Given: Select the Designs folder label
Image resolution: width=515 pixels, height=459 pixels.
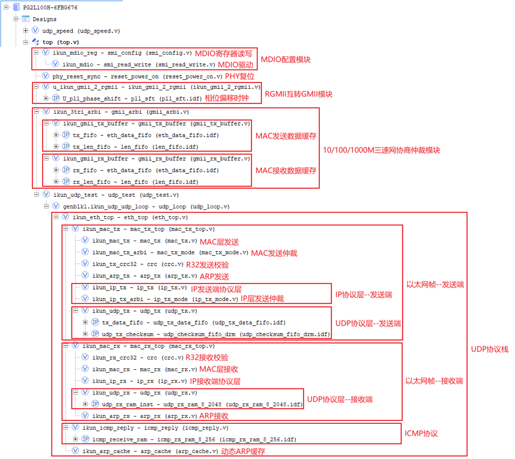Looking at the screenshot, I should point(45,19).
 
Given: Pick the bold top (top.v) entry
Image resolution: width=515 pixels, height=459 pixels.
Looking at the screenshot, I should point(61,42).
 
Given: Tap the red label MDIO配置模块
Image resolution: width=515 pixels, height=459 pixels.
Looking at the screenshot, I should point(285,60).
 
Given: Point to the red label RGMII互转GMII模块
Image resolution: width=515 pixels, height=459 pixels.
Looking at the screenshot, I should point(298,94).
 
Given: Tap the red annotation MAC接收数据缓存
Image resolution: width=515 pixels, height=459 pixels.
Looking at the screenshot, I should point(286,170).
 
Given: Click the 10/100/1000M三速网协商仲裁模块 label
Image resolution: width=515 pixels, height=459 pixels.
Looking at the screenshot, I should point(382,150).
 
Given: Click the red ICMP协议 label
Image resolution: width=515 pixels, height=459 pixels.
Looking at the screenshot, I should point(421,433).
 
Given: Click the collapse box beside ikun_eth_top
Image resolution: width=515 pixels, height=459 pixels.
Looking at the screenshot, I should point(55,217).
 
